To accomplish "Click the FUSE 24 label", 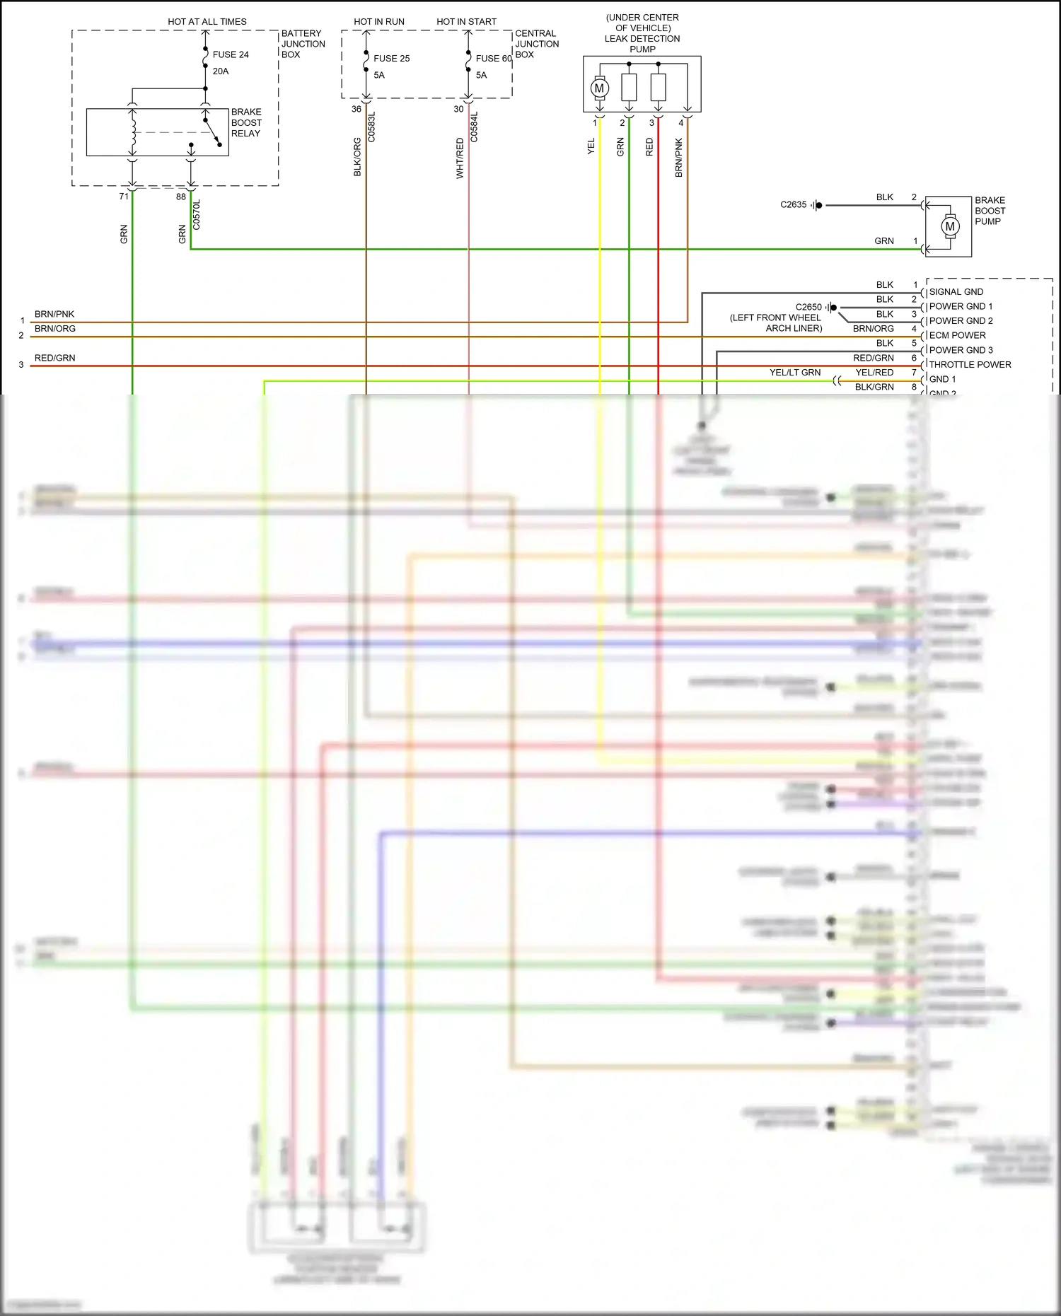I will tap(231, 54).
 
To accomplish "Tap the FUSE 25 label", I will tap(391, 59).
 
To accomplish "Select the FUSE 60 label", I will tap(493, 59).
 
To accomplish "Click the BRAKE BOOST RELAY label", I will tap(246, 122).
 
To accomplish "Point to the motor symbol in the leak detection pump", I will tap(600, 88).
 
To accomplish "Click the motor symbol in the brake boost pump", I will tap(949, 226).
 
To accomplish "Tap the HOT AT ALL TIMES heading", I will tap(207, 22).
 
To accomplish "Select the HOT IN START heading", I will tap(466, 22).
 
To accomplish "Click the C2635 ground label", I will tap(793, 204).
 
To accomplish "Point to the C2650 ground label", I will tap(808, 307).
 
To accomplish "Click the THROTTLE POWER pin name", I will tap(970, 365).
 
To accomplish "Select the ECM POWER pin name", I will tap(957, 335).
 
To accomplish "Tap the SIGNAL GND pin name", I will tap(956, 291).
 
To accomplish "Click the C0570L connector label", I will tap(197, 214).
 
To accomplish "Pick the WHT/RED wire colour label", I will tap(460, 158).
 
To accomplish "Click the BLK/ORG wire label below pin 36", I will tap(357, 157).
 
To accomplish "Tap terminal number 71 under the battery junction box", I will tap(124, 197).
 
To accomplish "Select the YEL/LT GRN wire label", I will tap(795, 373).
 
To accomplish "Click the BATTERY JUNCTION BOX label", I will tap(303, 44).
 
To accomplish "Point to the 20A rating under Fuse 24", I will tap(221, 71).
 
